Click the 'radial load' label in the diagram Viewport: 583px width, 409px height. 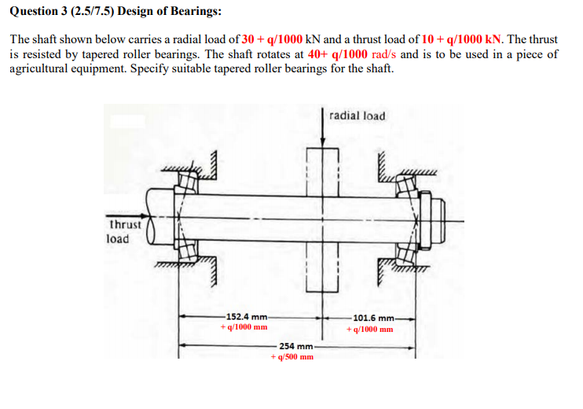(x=357, y=116)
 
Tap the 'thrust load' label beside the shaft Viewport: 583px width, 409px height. (x=124, y=231)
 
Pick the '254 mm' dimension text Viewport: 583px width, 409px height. (x=295, y=346)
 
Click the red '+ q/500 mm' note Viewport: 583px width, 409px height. (x=291, y=356)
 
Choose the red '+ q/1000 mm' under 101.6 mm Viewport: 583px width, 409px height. (x=369, y=329)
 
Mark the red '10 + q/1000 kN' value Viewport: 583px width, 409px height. (x=461, y=39)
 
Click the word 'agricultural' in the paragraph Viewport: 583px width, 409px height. (x=40, y=68)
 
